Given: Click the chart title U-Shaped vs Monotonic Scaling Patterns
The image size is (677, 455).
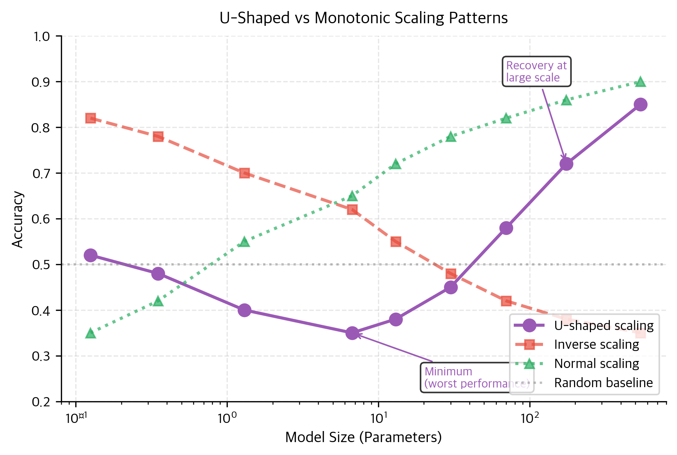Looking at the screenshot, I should coord(363,18).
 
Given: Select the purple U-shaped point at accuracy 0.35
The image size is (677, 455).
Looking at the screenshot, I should coord(352,333).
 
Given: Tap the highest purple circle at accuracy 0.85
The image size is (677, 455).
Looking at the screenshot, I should coord(640,105).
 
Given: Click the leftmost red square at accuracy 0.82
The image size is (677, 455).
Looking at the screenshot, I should coord(90,118).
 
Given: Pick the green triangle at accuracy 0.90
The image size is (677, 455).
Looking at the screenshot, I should coord(640,82).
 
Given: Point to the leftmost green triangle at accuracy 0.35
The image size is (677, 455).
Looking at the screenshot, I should coord(90,333).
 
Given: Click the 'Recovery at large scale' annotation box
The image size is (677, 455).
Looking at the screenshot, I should coord(536,72).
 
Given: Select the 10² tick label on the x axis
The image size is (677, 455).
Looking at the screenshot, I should coord(530,418).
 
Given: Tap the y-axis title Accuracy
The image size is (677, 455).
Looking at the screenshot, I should coord(17,219).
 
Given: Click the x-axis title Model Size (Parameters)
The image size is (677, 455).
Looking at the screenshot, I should coord(363,437).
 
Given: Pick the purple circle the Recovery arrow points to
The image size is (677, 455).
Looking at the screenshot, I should coord(566,164).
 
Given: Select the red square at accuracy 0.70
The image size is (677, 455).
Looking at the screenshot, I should coord(244,173).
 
